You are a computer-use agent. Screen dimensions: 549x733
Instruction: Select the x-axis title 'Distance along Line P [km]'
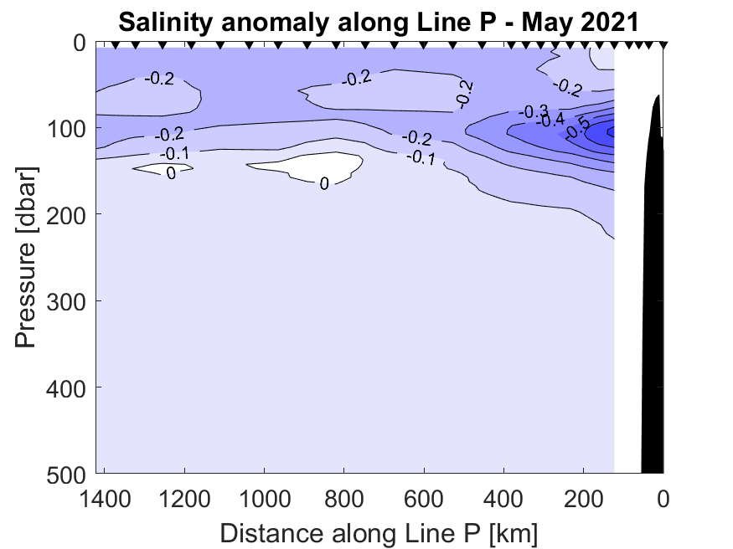click(379, 532)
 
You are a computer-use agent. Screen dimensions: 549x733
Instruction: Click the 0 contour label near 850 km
click(324, 183)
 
